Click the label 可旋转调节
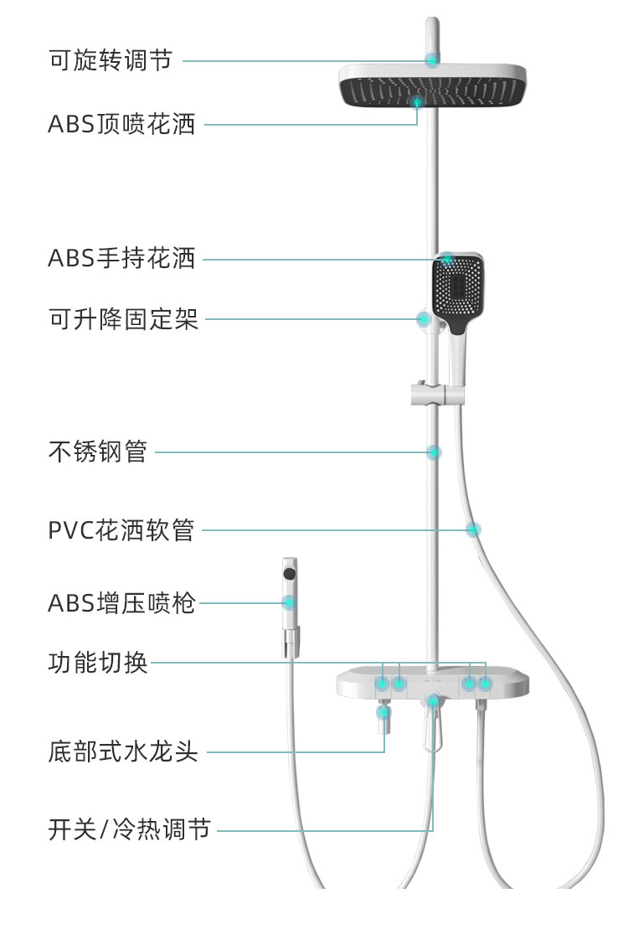tap(110, 60)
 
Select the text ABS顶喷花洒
tap(121, 125)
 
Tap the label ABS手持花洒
tap(121, 259)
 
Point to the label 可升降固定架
tap(124, 319)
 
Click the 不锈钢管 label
tap(98, 452)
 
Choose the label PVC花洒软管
tap(121, 530)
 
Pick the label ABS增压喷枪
tap(121, 602)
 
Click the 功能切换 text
tap(98, 663)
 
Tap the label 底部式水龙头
tap(123, 751)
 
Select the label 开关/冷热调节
tap(130, 831)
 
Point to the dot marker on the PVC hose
tap(473, 529)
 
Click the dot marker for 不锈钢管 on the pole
tap(434, 452)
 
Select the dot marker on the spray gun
tap(290, 602)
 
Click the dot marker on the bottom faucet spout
tap(383, 712)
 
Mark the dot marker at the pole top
tap(432, 59)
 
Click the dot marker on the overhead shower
tap(417, 102)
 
